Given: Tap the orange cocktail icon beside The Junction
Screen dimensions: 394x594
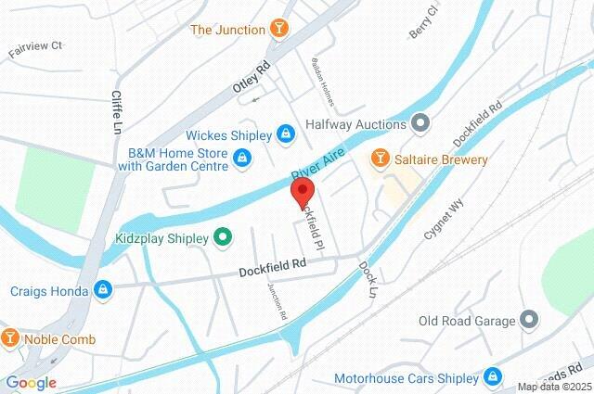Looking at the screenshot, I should click(x=278, y=30).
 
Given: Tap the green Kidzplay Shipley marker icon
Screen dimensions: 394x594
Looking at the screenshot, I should click(x=222, y=238).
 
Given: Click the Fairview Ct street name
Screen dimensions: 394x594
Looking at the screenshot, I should click(x=35, y=44).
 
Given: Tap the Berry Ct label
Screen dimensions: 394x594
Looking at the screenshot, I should click(x=423, y=25).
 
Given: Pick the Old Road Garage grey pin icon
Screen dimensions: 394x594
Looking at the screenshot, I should click(x=529, y=321).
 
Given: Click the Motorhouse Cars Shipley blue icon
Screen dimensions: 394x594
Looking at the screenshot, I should click(x=493, y=377).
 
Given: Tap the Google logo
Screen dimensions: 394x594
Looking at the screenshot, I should click(x=31, y=382).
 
